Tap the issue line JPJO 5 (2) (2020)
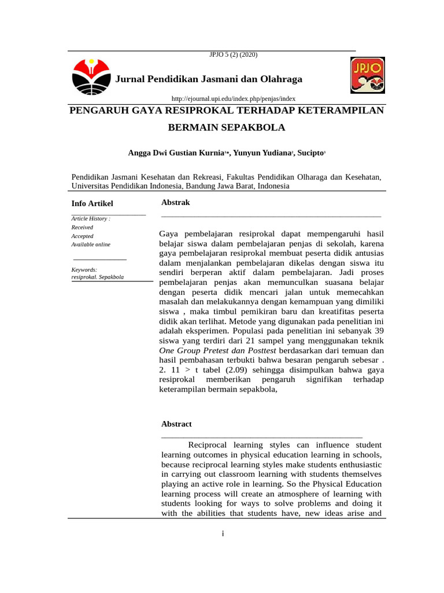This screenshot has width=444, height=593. click(233, 54)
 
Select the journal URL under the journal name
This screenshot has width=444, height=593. click(230, 99)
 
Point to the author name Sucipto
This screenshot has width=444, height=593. click(310, 153)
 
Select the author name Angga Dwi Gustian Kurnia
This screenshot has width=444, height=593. click(176, 153)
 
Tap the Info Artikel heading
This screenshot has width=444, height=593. click(92, 203)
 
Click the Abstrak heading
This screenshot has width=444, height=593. click(175, 202)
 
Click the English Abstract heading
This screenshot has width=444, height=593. click(176, 424)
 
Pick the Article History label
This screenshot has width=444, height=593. click(91, 219)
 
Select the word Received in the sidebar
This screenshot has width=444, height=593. click(82, 228)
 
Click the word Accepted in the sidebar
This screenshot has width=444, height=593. click(82, 236)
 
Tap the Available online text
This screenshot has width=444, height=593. click(91, 244)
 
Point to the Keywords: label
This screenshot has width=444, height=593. click(84, 270)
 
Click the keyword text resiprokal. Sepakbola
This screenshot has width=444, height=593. click(98, 277)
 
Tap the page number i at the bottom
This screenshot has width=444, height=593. click(223, 533)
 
